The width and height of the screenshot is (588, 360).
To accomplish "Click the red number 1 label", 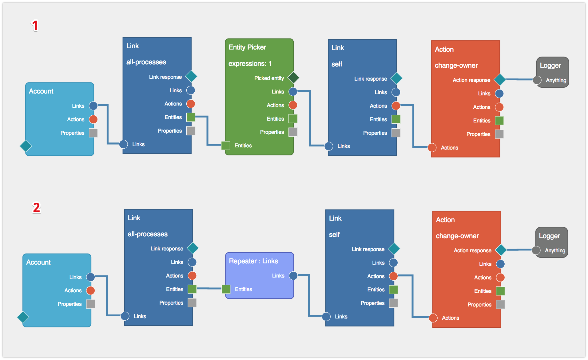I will point(35,26).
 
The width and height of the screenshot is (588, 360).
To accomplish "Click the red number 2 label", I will point(36,208).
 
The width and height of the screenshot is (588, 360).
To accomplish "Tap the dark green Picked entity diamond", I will point(293,78).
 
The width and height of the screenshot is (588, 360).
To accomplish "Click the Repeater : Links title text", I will point(253,261).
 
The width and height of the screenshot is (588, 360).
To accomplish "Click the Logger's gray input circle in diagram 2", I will point(536,250).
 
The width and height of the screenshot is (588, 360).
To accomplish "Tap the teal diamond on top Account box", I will point(26,146).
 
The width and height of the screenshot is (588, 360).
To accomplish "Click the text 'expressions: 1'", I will point(250,64).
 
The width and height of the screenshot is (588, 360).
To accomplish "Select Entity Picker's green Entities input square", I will point(226,146).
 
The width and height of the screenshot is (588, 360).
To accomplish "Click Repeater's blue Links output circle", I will point(293,276).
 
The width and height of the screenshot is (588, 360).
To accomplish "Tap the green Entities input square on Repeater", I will point(226,289).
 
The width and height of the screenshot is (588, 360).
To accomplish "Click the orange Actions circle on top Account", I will point(93,119).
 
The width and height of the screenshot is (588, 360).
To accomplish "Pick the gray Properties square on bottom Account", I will point(90,304).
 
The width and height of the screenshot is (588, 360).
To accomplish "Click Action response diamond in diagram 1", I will point(500,80).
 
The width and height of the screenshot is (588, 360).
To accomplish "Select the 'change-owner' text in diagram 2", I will point(457,236).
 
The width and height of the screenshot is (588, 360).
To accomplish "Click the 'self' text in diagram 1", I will point(337,64).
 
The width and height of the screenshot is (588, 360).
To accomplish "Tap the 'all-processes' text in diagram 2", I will point(148,234).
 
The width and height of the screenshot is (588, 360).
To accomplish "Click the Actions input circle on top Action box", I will point(432,148).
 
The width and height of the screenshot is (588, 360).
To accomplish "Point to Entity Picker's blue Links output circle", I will point(293,92).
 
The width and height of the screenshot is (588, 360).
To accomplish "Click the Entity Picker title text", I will point(247,47).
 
